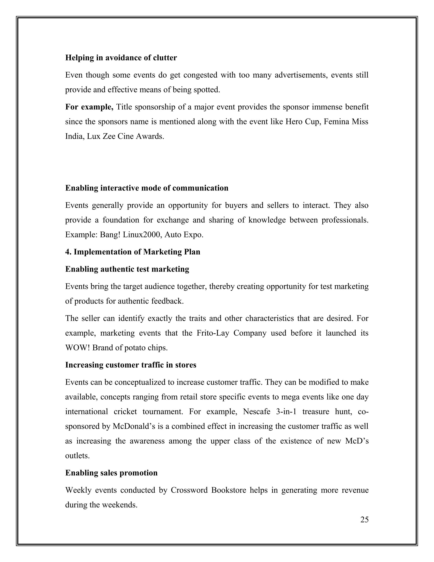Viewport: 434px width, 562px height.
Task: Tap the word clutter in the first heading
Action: click(x=165, y=58)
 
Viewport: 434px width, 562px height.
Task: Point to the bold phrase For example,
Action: click(x=89, y=107)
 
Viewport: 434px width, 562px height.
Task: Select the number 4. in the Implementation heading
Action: click(x=68, y=252)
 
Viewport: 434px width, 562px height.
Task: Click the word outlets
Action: click(x=77, y=456)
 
